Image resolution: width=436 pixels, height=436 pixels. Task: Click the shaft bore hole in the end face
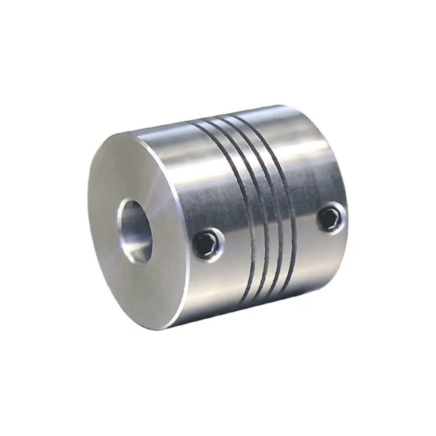pos(135,231)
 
